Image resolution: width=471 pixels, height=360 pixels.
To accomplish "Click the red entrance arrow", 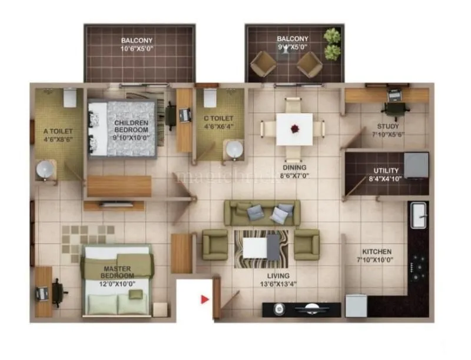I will click(205, 299).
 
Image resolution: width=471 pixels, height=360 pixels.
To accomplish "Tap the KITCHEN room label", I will click(374, 251).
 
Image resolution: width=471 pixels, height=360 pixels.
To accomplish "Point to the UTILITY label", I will click(386, 171).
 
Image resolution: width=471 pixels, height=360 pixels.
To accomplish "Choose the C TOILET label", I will click(218, 118).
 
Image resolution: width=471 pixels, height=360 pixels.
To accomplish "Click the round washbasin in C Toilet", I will click(235, 149).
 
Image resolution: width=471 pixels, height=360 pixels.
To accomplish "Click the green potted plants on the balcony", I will click(332, 44).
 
